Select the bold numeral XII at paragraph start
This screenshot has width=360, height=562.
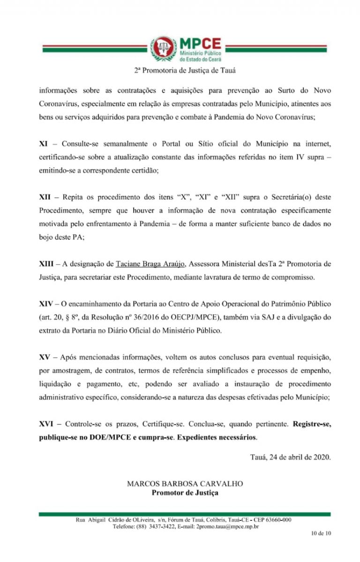(x=45, y=198)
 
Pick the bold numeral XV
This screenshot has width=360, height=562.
(x=45, y=357)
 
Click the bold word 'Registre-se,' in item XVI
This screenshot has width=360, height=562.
(x=312, y=423)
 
